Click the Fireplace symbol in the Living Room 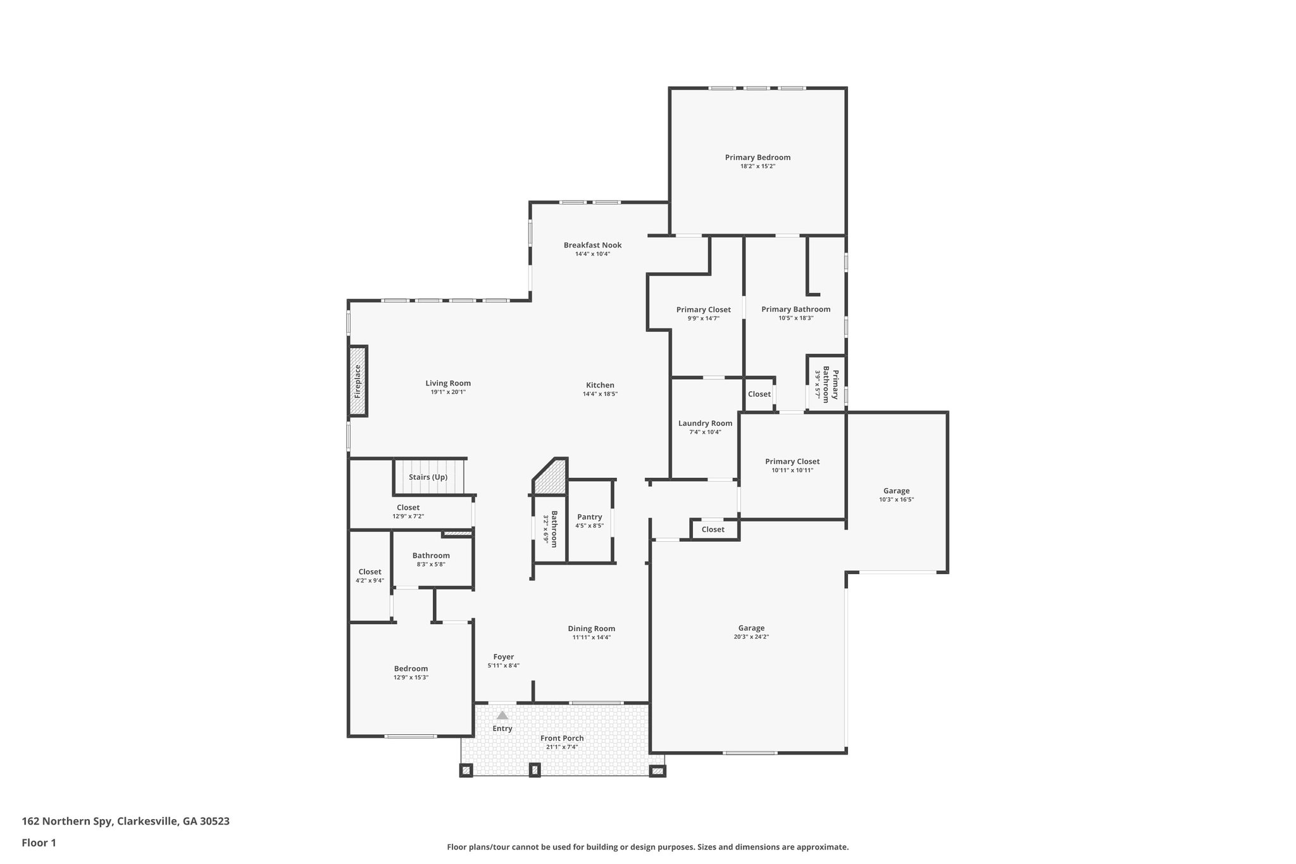(x=358, y=380)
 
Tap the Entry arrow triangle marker (x=502, y=715)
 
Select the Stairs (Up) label (x=428, y=477)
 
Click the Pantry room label (x=589, y=517)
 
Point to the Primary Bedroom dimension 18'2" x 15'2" (x=757, y=166)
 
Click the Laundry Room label (x=705, y=423)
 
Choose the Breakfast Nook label (x=592, y=245)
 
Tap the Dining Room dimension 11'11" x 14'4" (x=591, y=637)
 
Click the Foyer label (x=504, y=657)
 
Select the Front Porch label (x=562, y=738)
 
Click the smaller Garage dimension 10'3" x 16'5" (x=896, y=499)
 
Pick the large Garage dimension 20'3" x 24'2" (x=751, y=637)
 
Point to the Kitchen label (x=600, y=385)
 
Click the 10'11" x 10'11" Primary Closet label (x=792, y=461)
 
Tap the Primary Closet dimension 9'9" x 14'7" (x=703, y=318)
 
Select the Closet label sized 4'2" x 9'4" (x=370, y=572)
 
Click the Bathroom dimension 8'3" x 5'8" (x=431, y=564)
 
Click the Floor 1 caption (x=39, y=842)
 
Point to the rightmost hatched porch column (x=657, y=771)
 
